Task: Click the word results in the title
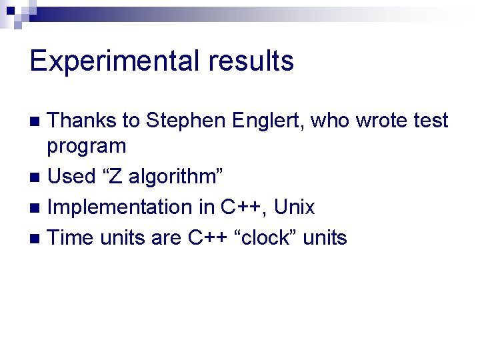coord(251,61)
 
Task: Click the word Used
coord(71,177)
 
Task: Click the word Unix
coord(294,207)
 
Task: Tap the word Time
coord(71,238)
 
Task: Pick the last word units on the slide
coord(325,238)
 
